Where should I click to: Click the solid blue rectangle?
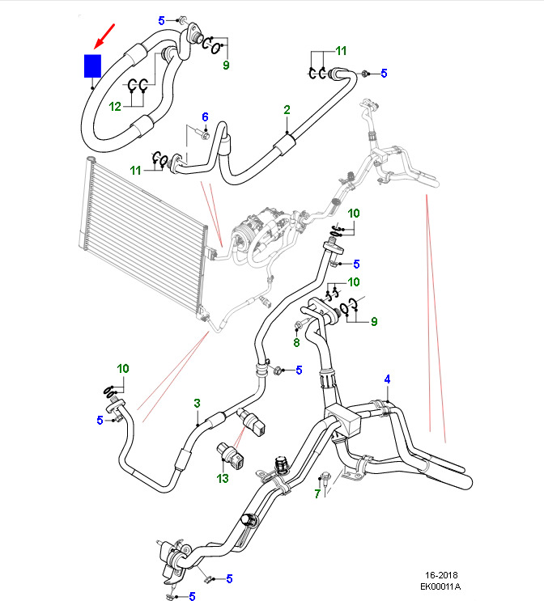tap(92, 66)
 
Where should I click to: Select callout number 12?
tap(115, 107)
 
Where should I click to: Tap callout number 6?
tap(205, 117)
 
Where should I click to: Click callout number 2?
tap(287, 109)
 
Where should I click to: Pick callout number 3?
tap(196, 403)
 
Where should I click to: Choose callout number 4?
tap(387, 379)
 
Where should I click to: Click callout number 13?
tap(223, 479)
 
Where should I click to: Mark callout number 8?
tap(296, 342)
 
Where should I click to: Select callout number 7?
tap(317, 493)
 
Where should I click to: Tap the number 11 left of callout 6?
tap(137, 170)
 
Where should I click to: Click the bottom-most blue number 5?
tap(193, 597)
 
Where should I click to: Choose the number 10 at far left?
tap(122, 369)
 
